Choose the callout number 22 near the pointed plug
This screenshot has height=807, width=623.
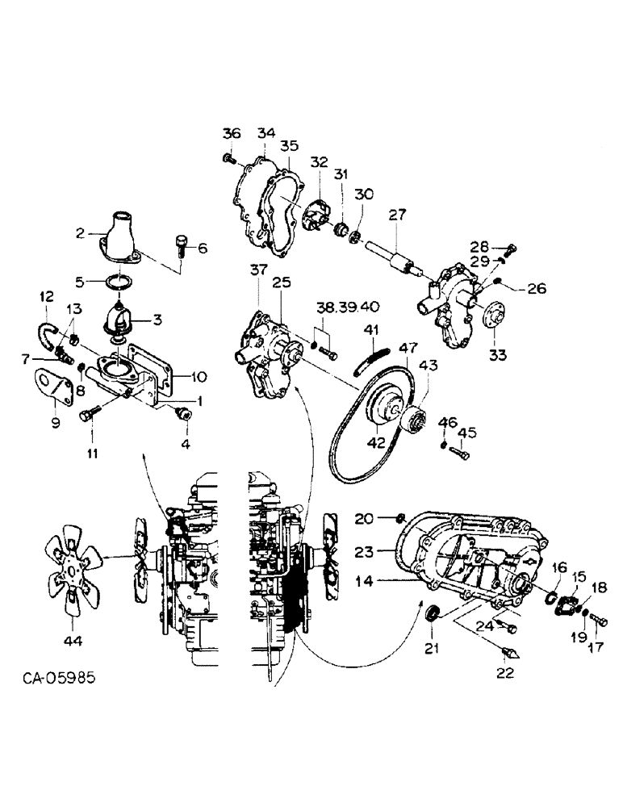point(506,673)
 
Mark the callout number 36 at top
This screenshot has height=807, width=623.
point(232,134)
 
